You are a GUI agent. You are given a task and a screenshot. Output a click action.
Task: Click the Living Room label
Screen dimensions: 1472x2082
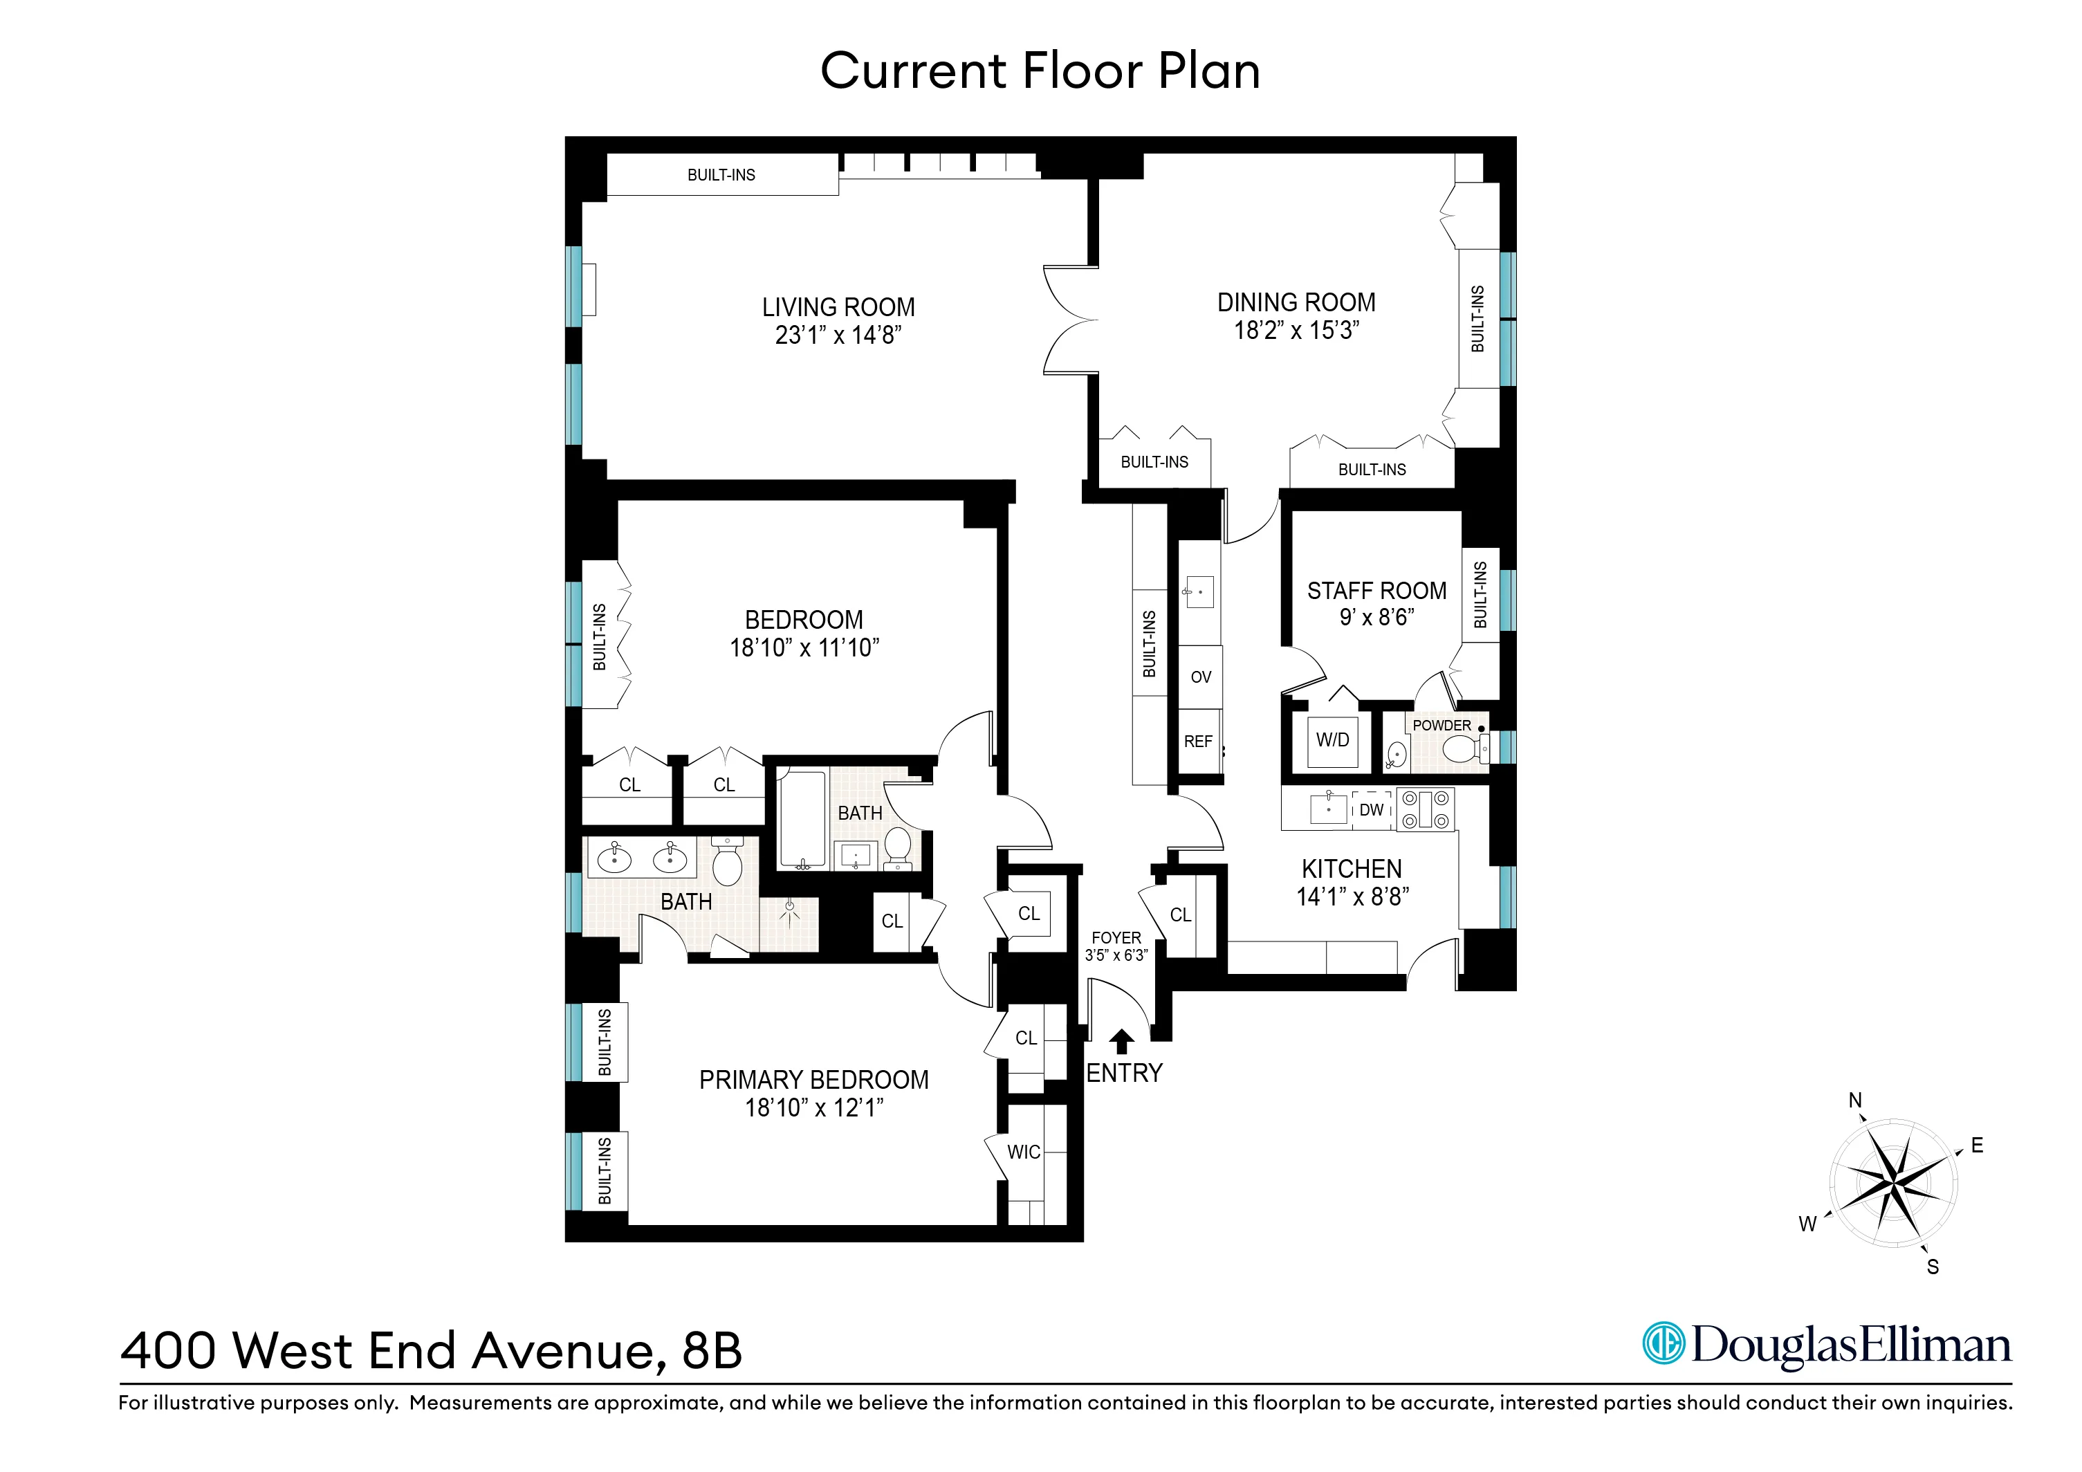pos(838,306)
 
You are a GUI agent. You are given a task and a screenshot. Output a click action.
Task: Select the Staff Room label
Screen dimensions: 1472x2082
pos(1376,591)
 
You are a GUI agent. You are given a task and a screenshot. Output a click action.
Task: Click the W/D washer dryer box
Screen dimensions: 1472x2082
pos(1332,740)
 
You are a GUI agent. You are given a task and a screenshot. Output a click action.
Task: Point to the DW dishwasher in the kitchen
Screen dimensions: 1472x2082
pos(1371,810)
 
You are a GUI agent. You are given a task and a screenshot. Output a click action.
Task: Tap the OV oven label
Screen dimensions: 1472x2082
pos(1201,677)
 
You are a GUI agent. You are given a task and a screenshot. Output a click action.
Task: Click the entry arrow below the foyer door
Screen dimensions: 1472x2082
pos(1122,1040)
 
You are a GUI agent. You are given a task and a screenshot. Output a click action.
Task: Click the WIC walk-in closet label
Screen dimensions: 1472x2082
pos(1024,1152)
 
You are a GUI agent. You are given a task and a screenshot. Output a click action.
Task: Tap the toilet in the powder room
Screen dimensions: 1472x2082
pos(1460,749)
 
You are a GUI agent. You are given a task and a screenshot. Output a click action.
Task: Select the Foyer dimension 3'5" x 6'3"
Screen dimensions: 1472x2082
pos(1116,955)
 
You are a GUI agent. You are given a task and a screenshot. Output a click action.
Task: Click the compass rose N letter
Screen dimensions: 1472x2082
pos(1855,1100)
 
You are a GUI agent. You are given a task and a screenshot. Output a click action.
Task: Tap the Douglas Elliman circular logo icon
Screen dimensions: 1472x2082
pos(1664,1343)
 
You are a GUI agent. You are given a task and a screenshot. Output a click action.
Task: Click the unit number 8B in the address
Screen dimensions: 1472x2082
pos(712,1350)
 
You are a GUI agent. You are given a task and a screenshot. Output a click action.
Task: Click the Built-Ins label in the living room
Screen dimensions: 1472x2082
pos(721,175)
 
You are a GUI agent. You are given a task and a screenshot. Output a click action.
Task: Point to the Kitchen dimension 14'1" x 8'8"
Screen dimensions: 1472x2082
pos(1352,897)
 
